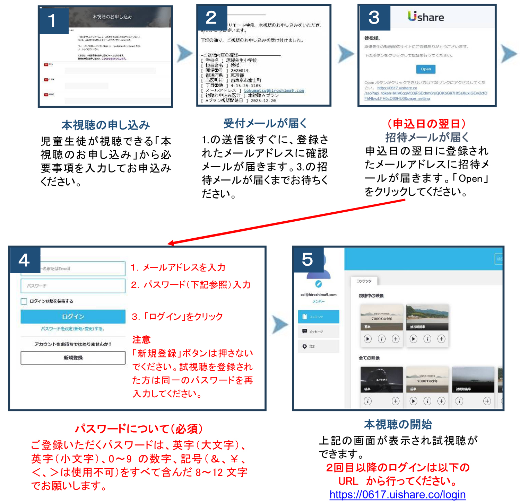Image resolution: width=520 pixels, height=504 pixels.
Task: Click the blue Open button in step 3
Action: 425,69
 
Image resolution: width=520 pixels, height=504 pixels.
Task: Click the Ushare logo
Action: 426,17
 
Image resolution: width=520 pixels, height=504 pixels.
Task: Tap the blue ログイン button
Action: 73,316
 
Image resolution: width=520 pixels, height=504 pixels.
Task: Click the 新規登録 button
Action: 73,357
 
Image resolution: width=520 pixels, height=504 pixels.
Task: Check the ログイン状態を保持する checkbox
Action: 24,301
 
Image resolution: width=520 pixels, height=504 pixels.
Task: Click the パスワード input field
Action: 73,286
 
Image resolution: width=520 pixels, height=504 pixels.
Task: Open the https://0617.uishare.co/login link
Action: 397,494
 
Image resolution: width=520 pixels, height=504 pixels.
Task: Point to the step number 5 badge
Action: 307,259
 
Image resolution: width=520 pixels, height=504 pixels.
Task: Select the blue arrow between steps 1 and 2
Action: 184,53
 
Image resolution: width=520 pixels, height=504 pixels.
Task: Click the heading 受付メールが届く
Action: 265,123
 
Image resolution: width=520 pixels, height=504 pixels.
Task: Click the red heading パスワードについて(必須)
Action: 139,428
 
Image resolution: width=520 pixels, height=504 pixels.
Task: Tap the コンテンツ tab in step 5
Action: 364,281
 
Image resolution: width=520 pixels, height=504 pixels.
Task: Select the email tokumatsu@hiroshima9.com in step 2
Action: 274,90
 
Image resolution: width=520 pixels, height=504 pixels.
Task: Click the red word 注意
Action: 141,339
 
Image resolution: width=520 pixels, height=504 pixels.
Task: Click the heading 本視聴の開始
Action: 398,424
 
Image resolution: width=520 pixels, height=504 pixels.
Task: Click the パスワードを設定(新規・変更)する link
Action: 72,329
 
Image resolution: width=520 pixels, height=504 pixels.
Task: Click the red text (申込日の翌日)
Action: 426,123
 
